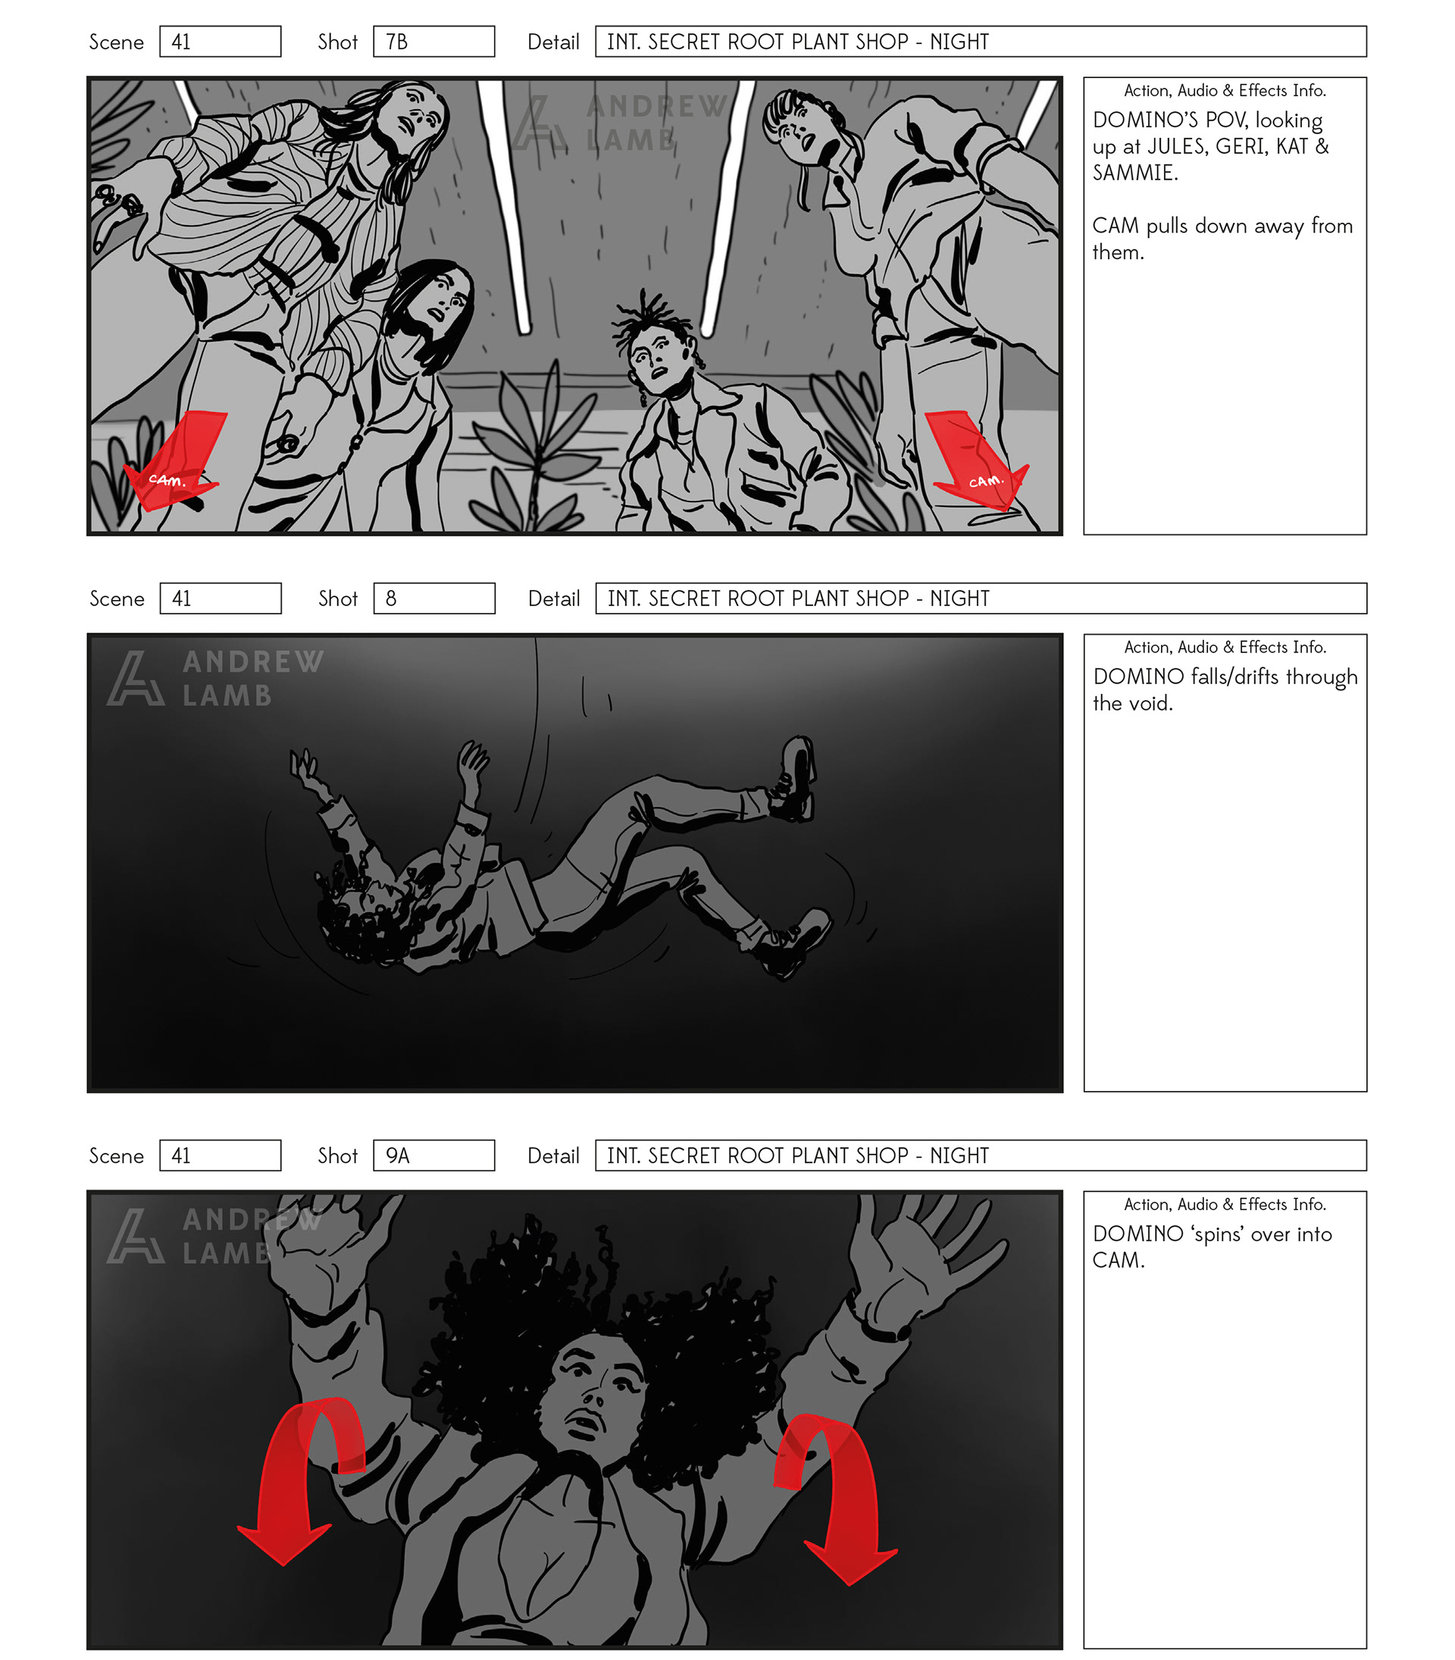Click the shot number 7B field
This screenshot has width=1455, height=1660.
pos(433,42)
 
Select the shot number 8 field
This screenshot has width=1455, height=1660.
pos(433,599)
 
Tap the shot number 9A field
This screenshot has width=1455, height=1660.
pos(433,1155)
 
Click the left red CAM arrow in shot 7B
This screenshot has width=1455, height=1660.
pos(174,460)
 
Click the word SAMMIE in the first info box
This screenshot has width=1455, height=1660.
pos(1134,173)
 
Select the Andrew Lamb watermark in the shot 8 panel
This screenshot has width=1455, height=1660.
pos(216,678)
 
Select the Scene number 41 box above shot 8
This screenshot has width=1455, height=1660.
pos(220,599)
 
